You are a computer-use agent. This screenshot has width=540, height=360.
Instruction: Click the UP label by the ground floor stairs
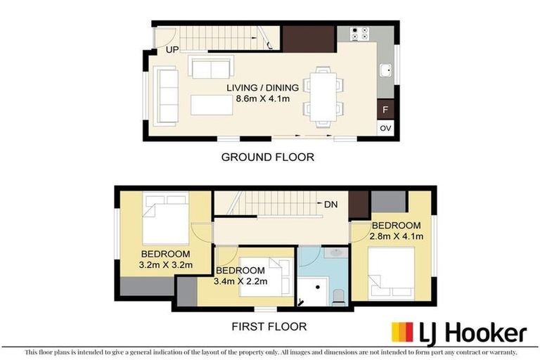click(172, 50)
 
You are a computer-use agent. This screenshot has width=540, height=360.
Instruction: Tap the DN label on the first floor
click(332, 205)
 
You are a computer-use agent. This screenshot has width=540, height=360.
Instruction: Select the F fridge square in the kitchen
click(385, 110)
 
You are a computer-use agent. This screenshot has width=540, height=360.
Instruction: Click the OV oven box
click(385, 129)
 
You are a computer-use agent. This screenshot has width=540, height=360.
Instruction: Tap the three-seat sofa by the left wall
click(167, 95)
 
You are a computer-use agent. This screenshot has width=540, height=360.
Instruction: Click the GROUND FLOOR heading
click(267, 157)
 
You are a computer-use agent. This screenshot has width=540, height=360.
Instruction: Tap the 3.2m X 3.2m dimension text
click(166, 264)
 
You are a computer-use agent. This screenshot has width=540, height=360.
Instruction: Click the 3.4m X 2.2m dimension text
click(240, 281)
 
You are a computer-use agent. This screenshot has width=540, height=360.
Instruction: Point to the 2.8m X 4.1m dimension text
click(397, 236)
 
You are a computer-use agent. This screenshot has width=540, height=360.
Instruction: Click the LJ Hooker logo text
click(473, 333)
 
